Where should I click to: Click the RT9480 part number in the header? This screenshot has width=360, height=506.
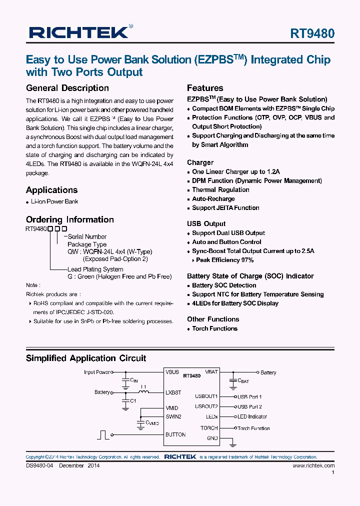pos(312,33)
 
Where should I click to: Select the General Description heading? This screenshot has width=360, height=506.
pos(67,88)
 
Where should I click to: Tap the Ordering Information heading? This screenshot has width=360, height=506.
pos(69,219)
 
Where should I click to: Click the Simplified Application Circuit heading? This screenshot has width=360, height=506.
pos(85,358)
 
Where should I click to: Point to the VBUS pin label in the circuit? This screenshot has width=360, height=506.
pos(172,372)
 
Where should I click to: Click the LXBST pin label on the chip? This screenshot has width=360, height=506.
pos(173,393)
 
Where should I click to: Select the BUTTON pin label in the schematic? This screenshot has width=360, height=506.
pos(175,434)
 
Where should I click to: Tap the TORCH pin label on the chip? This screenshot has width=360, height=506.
pos(209,428)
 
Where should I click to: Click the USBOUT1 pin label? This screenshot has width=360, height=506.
pos(206,396)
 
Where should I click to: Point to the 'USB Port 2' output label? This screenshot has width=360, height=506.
pos(249,407)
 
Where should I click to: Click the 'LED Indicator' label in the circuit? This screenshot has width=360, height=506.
pos(252,416)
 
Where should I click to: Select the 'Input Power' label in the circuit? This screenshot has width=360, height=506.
pos(97,372)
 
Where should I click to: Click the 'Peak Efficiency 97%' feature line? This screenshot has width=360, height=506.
pos(224,260)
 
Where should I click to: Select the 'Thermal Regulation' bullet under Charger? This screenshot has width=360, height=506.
pos(220,190)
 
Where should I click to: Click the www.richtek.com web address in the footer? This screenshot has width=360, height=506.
pos(313,465)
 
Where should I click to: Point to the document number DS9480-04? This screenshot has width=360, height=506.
pos(39,465)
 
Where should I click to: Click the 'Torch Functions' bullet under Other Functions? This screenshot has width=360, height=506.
pos(214,328)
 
